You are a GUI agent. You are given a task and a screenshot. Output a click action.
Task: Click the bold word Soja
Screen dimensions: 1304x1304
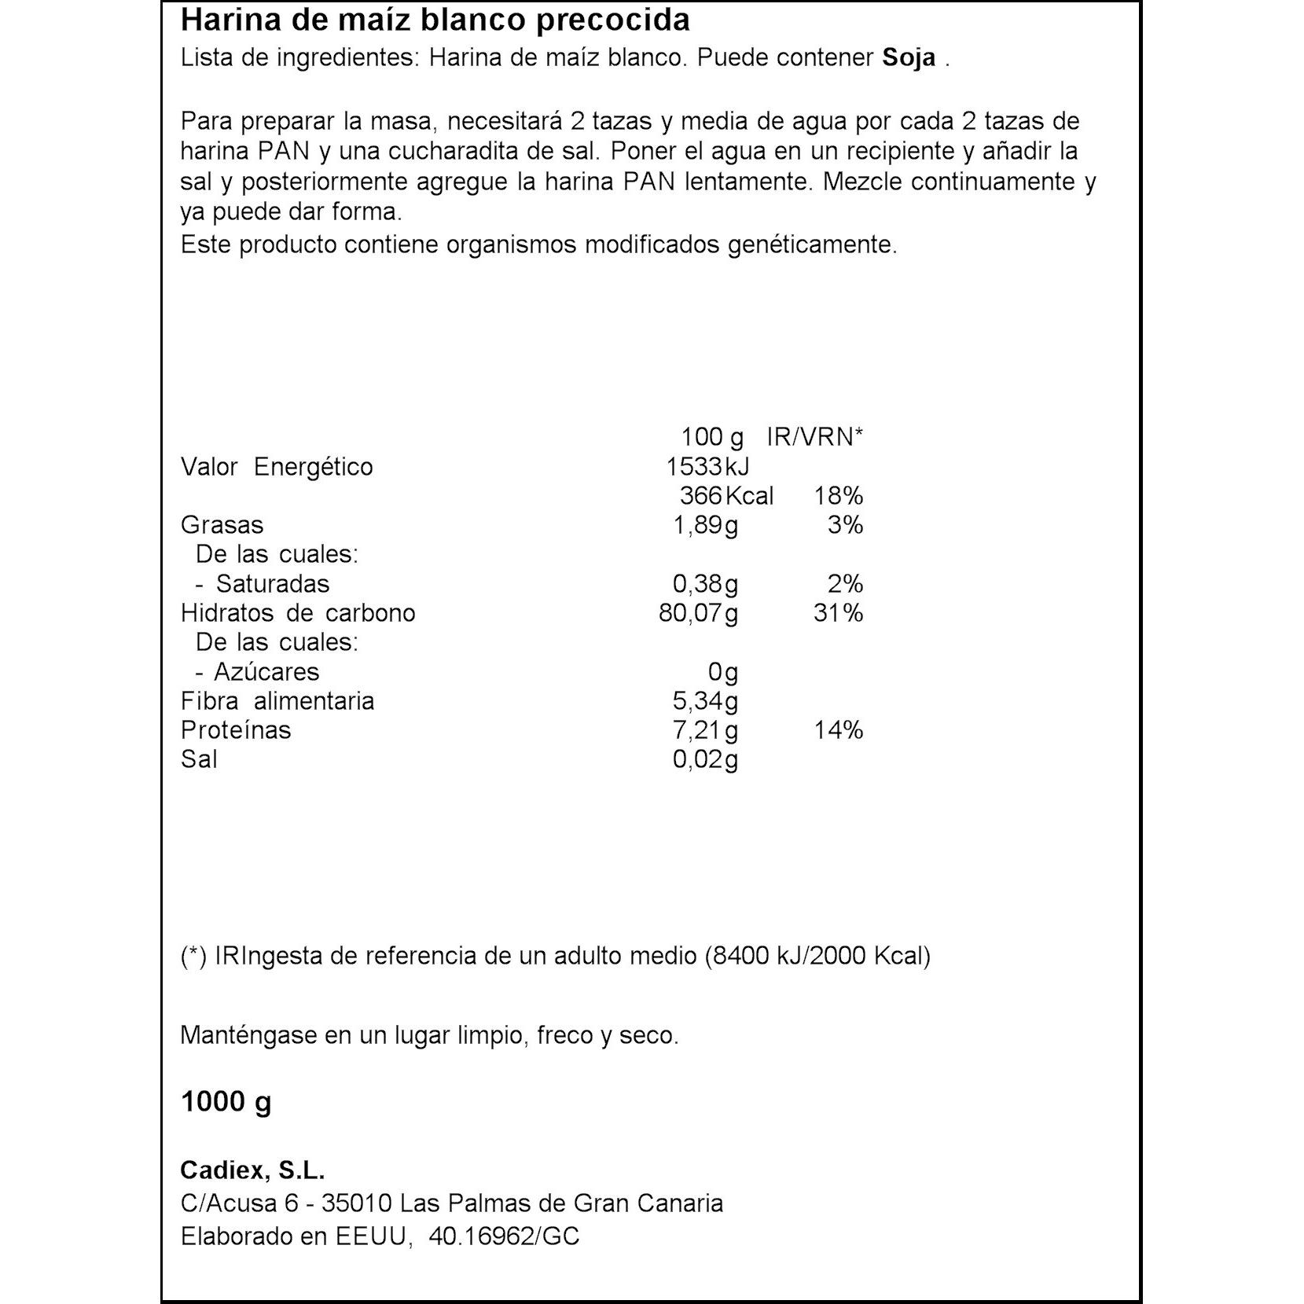point(909,58)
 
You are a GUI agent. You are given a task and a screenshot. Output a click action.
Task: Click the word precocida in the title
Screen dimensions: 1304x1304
point(613,20)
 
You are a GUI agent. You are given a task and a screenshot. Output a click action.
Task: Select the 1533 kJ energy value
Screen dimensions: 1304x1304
point(707,467)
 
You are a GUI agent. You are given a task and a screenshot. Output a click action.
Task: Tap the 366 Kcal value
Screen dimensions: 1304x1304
point(726,496)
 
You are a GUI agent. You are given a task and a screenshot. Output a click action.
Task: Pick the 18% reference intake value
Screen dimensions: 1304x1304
point(839,496)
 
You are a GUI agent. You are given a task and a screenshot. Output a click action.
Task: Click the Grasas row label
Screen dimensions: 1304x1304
point(222,525)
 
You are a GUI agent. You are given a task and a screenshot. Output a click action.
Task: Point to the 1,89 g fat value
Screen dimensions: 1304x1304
point(705,525)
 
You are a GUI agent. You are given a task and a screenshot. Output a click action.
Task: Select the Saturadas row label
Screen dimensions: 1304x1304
point(272,584)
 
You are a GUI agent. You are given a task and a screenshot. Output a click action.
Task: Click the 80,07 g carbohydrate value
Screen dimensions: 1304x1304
point(698,613)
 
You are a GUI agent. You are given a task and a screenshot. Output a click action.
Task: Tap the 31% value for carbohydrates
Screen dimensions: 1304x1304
point(838,613)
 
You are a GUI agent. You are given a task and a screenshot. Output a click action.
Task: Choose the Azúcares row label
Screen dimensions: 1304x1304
point(266,672)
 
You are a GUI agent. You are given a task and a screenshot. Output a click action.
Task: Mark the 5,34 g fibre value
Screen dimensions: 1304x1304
point(705,701)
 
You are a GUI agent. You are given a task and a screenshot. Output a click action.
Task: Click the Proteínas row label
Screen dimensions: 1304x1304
point(236,730)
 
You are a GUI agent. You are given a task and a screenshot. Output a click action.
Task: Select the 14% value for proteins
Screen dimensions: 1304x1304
point(838,730)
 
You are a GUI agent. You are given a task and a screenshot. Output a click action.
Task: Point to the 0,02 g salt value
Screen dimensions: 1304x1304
point(705,759)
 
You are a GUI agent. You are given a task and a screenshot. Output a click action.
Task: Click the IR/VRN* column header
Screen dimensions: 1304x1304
point(814,437)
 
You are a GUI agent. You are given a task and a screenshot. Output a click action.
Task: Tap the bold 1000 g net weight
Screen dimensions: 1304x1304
point(226,1102)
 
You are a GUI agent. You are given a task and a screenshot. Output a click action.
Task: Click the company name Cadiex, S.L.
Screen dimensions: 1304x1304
point(252,1170)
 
